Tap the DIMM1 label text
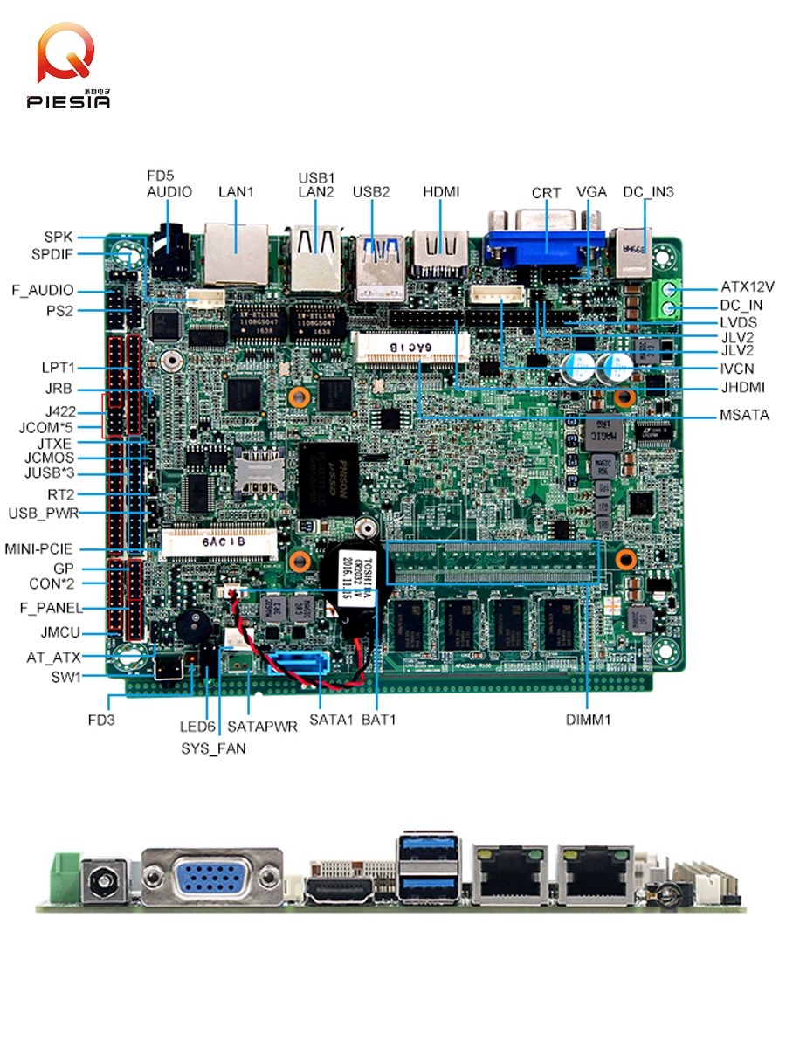pos(588,720)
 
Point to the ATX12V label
pos(748,286)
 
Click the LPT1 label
pos(59,367)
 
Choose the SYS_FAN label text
pos(213,748)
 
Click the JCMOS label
pos(49,458)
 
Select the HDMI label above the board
pos(441,192)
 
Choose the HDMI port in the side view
pos(341,892)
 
